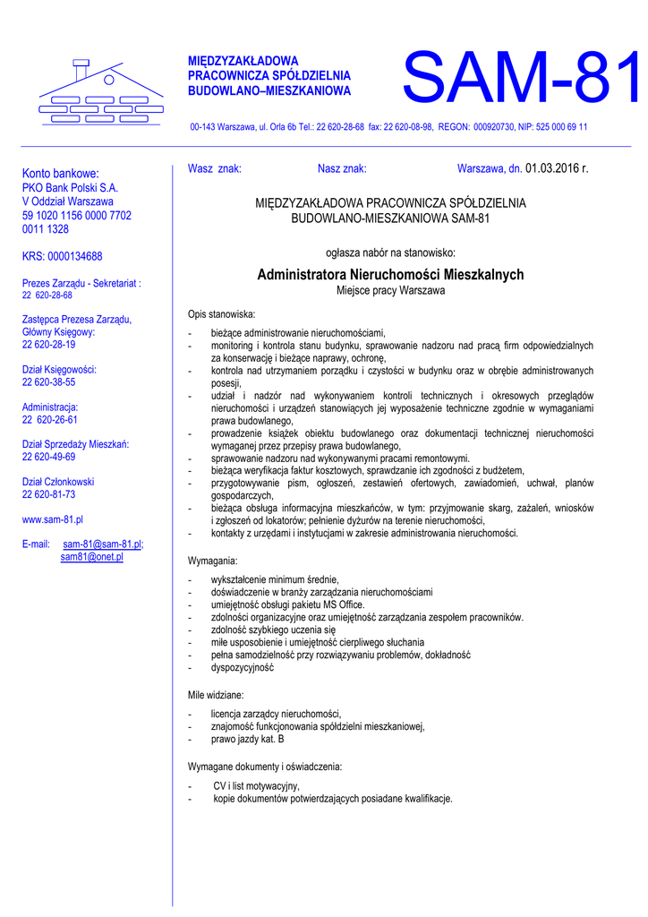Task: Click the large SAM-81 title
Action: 521,78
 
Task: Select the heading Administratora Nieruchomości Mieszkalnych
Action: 390,275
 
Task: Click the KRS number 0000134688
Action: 62,256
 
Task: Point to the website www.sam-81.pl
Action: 52,518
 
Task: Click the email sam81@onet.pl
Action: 91,557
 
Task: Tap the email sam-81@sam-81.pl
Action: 103,544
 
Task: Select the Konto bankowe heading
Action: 60,173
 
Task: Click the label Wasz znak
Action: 214,168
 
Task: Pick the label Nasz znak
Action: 342,168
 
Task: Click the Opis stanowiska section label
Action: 221,314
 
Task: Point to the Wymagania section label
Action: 213,561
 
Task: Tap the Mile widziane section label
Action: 216,695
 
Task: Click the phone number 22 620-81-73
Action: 48,494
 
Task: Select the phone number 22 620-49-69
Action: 48,457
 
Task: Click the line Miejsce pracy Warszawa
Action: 390,291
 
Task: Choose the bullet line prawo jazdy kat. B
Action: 247,741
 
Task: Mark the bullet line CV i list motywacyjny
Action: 256,786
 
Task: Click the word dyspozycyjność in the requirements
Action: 242,668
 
